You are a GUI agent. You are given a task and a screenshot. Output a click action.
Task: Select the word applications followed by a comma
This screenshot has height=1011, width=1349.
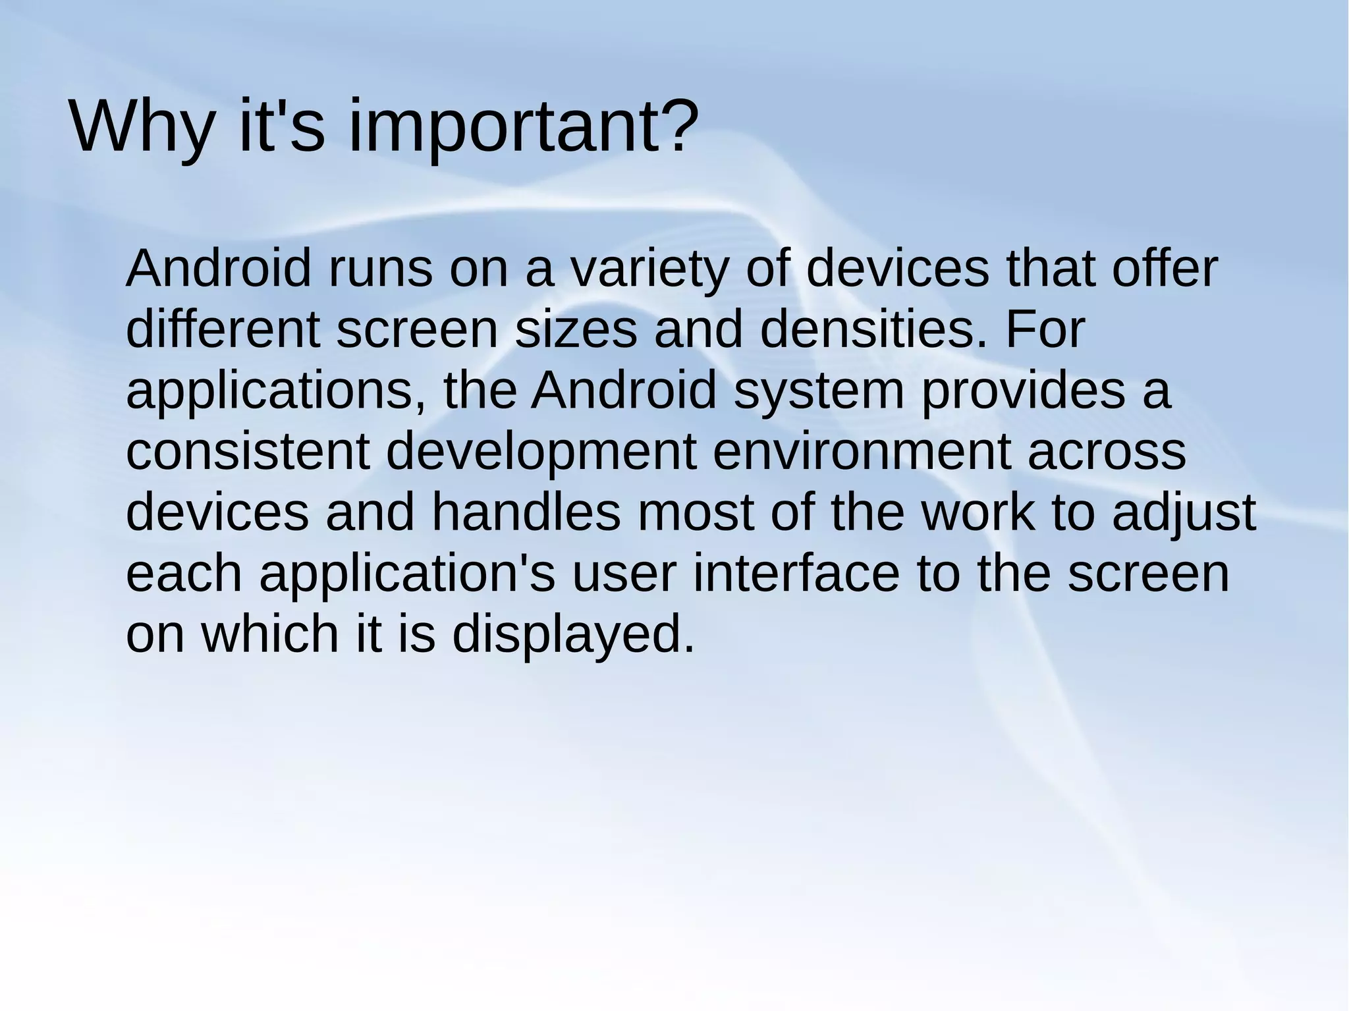pos(277,391)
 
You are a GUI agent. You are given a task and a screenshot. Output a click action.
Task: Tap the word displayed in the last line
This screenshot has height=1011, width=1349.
pos(573,634)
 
